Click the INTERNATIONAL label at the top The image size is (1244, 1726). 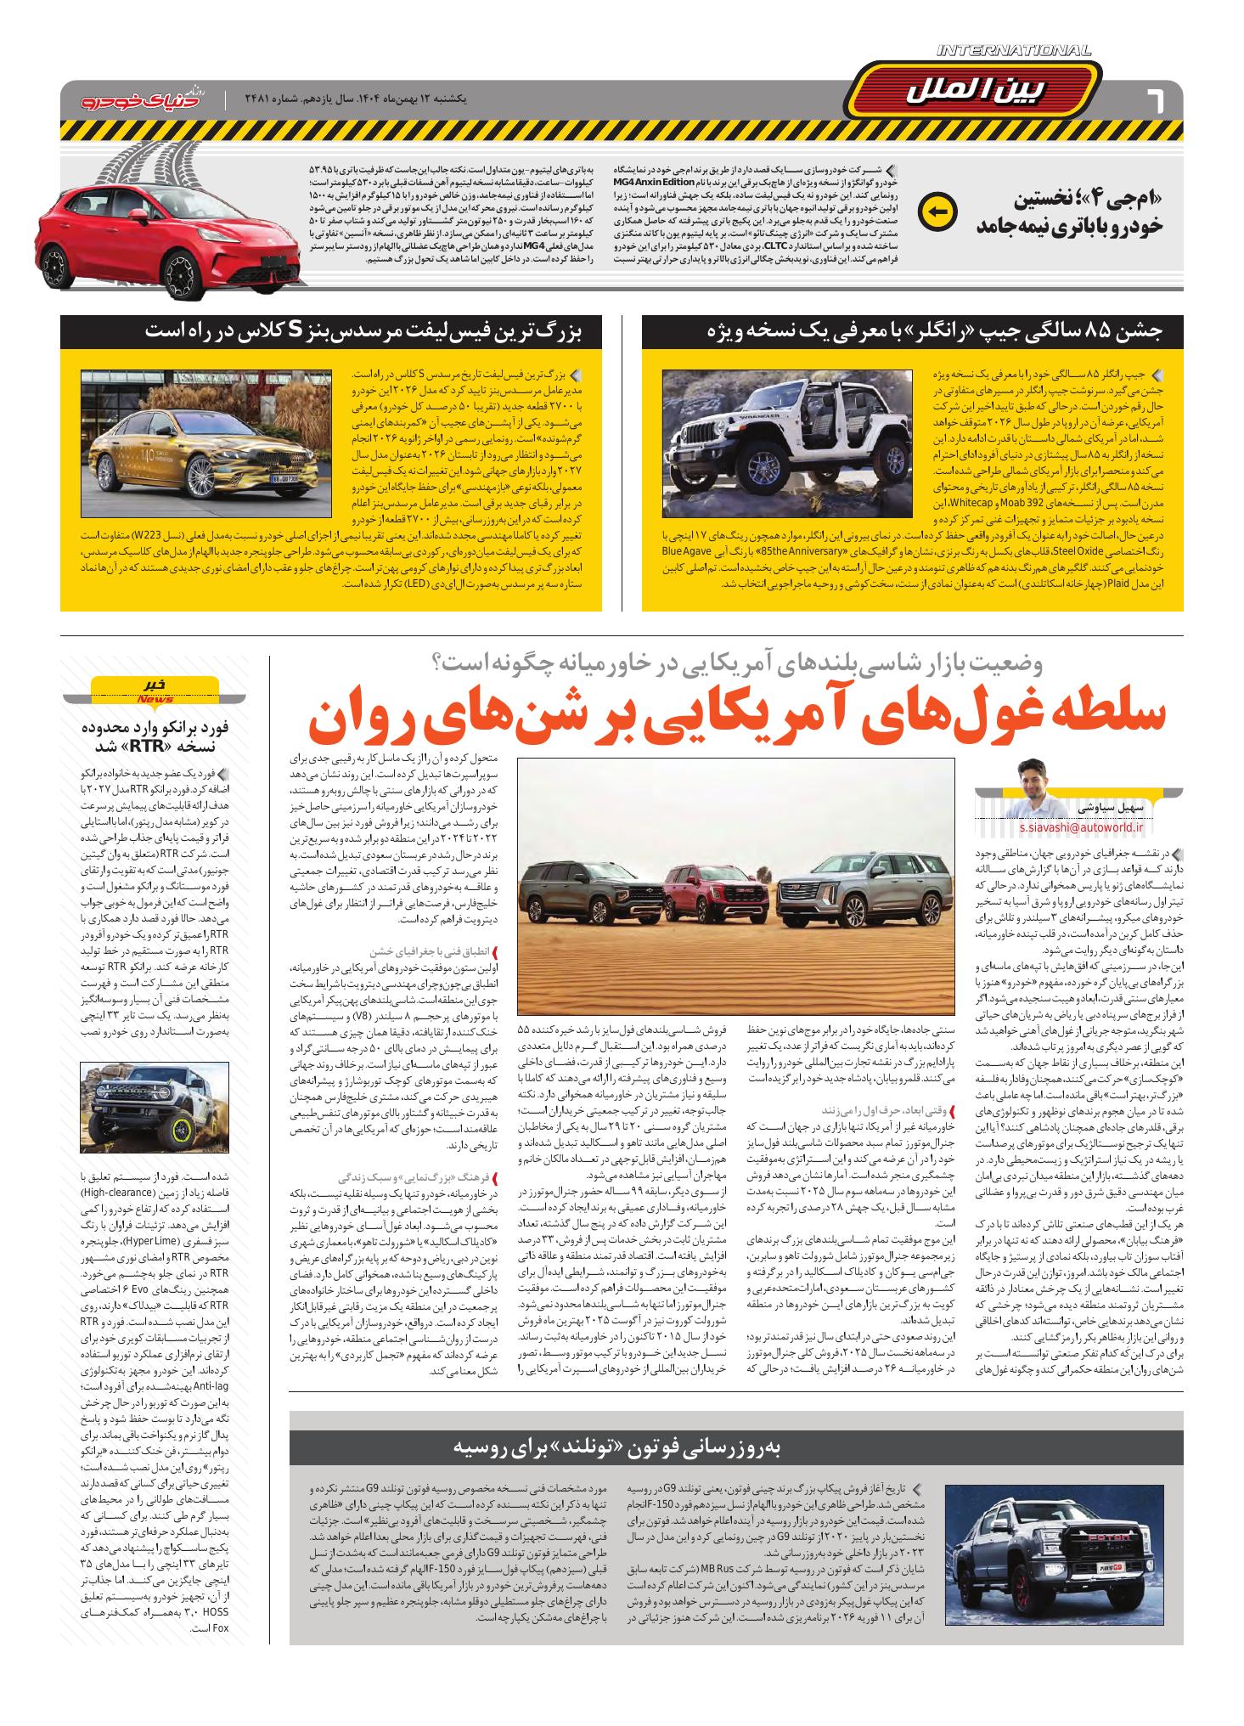pyautogui.click(x=1014, y=51)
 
